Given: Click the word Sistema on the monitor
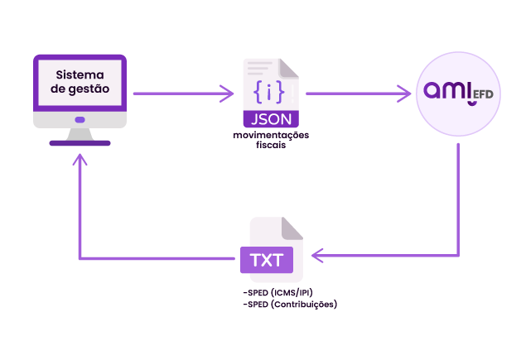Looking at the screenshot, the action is click(x=80, y=74).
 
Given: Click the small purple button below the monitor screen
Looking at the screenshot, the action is click(x=80, y=119).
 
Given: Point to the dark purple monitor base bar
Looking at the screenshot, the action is click(x=80, y=143).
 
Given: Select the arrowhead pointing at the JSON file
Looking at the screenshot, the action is click(x=228, y=94).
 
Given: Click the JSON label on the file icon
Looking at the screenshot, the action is click(x=271, y=119).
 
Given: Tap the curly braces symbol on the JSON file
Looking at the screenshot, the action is click(x=269, y=91).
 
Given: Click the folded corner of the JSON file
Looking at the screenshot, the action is click(x=288, y=69).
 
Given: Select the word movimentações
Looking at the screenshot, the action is click(x=271, y=135).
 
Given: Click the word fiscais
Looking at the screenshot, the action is click(x=271, y=145).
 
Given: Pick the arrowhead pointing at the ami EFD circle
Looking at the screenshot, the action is click(x=404, y=94).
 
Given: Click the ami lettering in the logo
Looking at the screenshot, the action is click(x=448, y=90).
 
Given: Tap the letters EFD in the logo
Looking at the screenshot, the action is click(x=483, y=94).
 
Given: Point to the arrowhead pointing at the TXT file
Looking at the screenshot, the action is click(x=317, y=256).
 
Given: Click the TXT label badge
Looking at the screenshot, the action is click(x=267, y=260).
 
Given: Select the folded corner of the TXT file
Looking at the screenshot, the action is click(x=292, y=228).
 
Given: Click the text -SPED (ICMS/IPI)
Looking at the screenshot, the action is click(x=277, y=293).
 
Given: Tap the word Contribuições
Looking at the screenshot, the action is click(x=304, y=305).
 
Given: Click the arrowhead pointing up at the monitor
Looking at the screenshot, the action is click(x=80, y=160).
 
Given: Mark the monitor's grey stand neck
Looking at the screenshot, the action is click(x=80, y=134).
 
